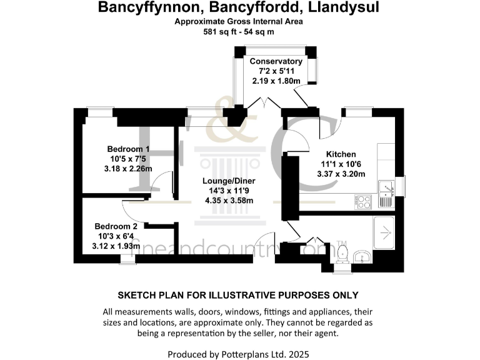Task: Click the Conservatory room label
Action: pos(276,61)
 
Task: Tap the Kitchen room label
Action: pos(341,154)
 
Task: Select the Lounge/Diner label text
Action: pos(232,181)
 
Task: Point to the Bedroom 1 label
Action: pos(128,149)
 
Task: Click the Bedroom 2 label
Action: pos(116,226)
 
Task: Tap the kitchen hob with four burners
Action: pos(363,201)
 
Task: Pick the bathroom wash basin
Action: pos(362,257)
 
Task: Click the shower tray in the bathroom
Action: pos(384,231)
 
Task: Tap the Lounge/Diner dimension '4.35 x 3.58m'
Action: pos(232,201)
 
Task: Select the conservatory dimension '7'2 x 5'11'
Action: pos(276,71)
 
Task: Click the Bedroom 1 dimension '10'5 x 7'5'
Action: pos(128,159)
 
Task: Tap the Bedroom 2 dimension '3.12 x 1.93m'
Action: pos(116,246)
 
